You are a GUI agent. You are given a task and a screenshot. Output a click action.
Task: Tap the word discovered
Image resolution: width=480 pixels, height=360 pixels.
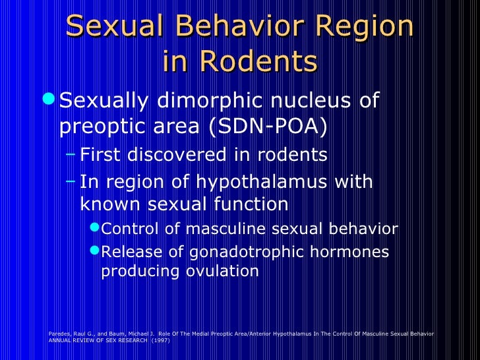pos(187,156)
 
